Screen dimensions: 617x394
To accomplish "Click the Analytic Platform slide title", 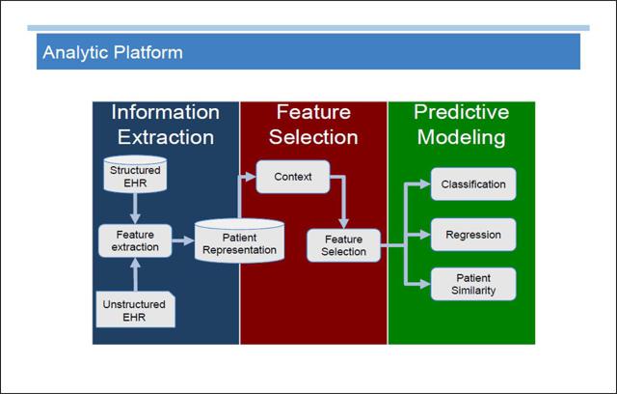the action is point(113,52).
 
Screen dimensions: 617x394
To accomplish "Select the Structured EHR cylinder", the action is point(135,174).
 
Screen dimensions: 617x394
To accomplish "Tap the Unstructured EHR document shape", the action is point(135,309).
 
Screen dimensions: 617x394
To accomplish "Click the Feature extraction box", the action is point(135,240).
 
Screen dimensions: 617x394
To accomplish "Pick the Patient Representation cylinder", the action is point(239,241).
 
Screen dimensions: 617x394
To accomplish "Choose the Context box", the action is point(293,177).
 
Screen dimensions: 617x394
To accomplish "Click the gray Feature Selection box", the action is point(343,245).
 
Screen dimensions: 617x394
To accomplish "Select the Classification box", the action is point(473,184).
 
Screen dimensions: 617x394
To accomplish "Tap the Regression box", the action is point(473,235).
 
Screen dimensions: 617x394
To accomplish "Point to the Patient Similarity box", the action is point(473,284).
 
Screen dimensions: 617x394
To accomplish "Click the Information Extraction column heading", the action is point(165,125).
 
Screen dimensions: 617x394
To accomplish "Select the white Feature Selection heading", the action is point(313,125).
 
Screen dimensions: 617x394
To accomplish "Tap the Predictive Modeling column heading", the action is point(461,125).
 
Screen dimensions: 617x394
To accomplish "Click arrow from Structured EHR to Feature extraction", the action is point(135,209).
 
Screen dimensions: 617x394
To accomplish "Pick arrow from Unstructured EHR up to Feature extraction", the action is point(135,274).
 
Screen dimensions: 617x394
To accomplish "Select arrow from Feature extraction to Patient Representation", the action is point(183,240).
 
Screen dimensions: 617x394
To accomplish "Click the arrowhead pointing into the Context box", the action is point(251,177).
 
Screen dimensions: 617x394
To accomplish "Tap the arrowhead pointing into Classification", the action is point(425,184).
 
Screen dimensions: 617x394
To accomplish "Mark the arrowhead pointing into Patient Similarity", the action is point(425,284).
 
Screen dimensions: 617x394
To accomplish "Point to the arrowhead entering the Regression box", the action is point(425,235).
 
